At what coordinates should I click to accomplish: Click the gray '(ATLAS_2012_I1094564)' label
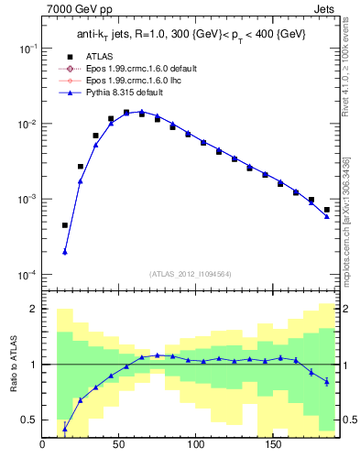[191, 273]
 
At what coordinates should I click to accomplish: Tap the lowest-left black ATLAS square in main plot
[65, 225]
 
